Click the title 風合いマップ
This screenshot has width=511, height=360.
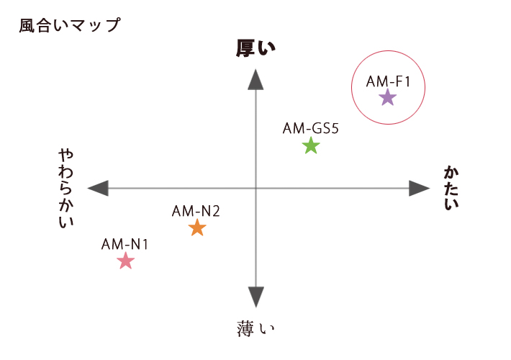(70, 25)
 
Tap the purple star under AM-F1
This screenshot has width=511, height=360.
(388, 97)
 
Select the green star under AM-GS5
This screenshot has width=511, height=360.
(311, 145)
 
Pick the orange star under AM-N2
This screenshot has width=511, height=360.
(197, 228)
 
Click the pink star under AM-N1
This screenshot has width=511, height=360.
(125, 261)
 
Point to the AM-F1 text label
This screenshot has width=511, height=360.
(388, 81)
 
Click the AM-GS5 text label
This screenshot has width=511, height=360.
(311, 128)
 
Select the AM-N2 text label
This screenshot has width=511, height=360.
(196, 211)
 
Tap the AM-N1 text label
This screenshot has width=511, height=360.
(125, 244)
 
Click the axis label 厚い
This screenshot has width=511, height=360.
(256, 48)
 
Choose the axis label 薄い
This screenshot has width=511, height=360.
(256, 328)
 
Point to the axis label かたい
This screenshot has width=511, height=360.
(451, 188)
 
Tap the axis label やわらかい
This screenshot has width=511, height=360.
(65, 188)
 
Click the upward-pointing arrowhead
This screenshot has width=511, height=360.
(256, 79)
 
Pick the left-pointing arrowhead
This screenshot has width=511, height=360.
(98, 188)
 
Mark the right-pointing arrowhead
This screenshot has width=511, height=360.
(420, 188)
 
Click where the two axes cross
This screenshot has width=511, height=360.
(256, 189)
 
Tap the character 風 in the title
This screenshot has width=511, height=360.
(27, 26)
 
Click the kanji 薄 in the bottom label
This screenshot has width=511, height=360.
(245, 328)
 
